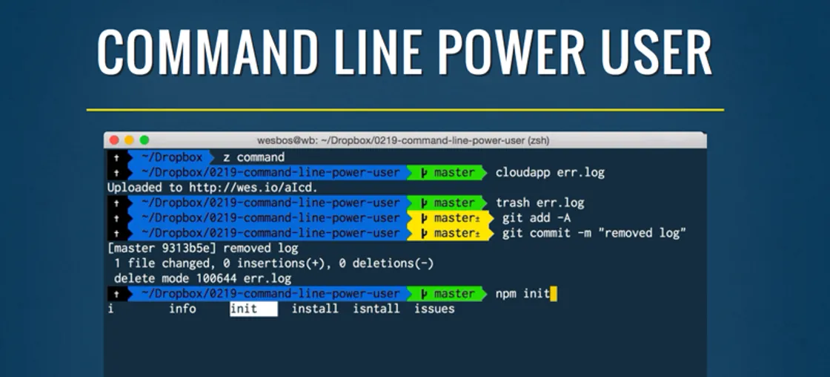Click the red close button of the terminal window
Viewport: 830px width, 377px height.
click(114, 140)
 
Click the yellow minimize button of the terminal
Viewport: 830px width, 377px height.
click(129, 140)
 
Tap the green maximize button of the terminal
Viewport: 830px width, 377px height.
click(145, 140)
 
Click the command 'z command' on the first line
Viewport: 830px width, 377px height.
click(253, 157)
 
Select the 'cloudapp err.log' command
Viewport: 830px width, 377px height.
click(550, 173)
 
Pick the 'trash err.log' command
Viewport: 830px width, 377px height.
click(539, 203)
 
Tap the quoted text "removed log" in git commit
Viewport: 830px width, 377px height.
click(644, 234)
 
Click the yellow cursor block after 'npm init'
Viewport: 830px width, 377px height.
click(554, 294)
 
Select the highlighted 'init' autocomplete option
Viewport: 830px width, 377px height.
click(245, 309)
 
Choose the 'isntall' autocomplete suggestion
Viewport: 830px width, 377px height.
click(376, 309)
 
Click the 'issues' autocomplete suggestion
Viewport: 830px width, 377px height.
click(434, 309)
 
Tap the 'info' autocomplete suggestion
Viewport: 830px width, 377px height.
click(182, 309)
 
